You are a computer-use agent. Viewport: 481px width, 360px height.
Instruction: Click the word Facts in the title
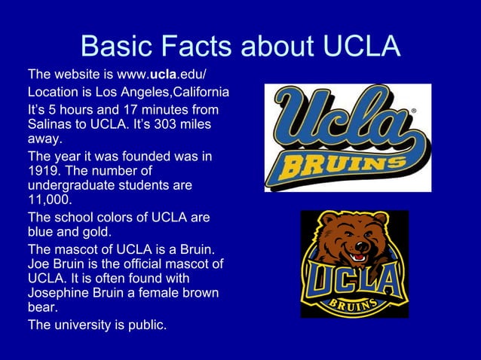pyautogui.click(x=188, y=47)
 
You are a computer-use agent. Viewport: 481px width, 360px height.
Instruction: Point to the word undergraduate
pyautogui.click(x=75, y=187)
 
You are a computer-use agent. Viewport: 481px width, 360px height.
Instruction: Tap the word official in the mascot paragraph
pyautogui.click(x=141, y=264)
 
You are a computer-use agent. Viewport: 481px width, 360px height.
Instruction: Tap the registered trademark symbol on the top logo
pyautogui.click(x=412, y=110)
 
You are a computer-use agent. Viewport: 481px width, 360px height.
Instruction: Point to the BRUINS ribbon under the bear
pyautogui.click(x=354, y=304)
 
